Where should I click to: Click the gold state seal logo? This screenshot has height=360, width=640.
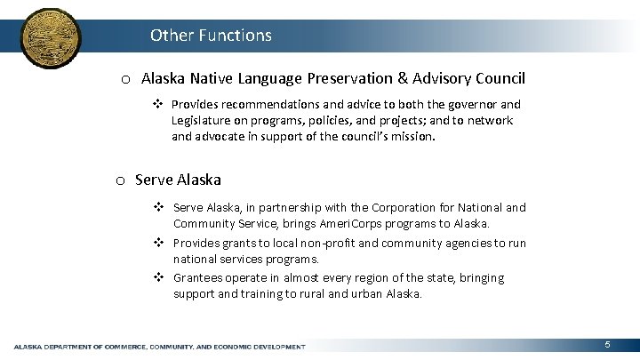(49, 39)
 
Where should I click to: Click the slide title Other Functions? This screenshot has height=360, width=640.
(211, 36)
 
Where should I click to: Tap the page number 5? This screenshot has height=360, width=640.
(606, 344)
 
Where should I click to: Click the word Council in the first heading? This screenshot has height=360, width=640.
(500, 78)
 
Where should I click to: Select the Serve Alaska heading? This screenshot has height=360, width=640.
(178, 180)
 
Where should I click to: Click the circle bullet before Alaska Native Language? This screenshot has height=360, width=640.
(127, 79)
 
